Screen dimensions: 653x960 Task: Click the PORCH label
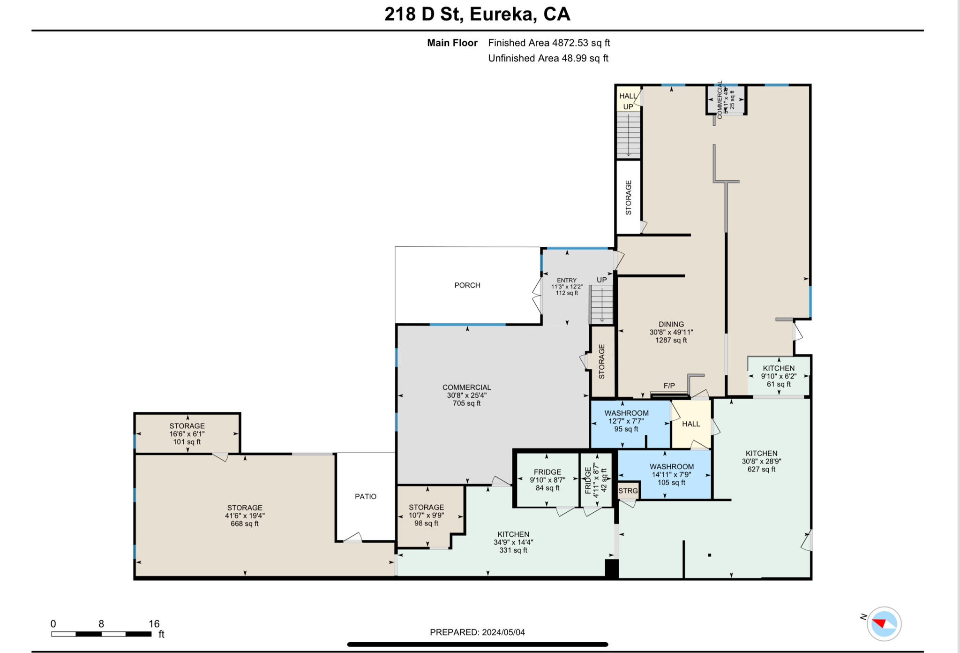(x=467, y=285)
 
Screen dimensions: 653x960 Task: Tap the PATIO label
(x=365, y=496)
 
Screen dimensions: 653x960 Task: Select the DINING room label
(x=671, y=324)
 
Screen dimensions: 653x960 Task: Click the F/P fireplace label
(x=669, y=386)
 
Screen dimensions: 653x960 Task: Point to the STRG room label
(x=628, y=491)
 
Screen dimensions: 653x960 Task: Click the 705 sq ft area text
(x=466, y=403)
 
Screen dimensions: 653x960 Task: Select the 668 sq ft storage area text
(x=244, y=524)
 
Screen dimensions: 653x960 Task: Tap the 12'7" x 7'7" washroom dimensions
(x=626, y=421)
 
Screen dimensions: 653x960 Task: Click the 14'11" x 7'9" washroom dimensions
(x=671, y=474)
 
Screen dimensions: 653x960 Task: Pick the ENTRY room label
(x=567, y=280)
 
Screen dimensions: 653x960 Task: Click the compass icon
(x=884, y=623)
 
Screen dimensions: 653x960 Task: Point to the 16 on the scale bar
(x=154, y=623)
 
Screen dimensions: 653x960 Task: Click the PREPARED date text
(x=477, y=632)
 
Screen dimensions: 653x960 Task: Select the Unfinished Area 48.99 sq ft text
(x=548, y=58)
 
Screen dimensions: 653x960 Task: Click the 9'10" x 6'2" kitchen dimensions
(x=778, y=376)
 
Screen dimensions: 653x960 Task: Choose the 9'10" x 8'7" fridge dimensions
(x=547, y=480)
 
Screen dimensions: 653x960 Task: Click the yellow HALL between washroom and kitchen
(x=691, y=424)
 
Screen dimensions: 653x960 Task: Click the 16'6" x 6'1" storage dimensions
(x=187, y=434)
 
